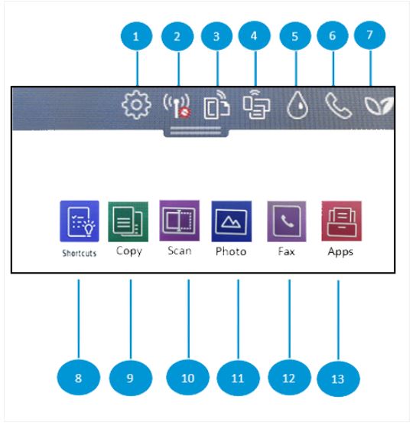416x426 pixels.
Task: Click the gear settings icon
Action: click(137, 105)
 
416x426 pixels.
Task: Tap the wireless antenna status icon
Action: click(177, 106)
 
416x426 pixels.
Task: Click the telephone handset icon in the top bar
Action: click(336, 105)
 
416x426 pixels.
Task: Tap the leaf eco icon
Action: click(379, 106)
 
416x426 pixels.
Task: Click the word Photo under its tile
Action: click(231, 251)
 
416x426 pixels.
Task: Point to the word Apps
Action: click(340, 252)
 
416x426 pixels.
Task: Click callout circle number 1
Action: click(137, 36)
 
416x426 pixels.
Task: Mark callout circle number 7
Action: click(371, 35)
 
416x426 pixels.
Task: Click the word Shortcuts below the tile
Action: click(80, 253)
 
